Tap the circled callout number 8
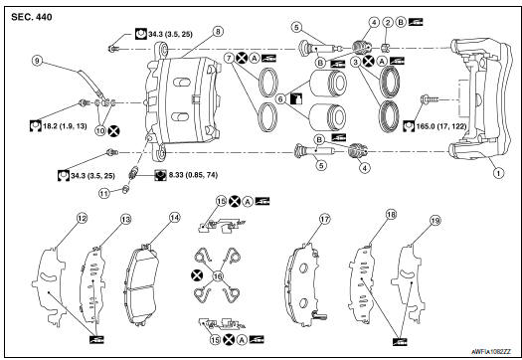[218, 31]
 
